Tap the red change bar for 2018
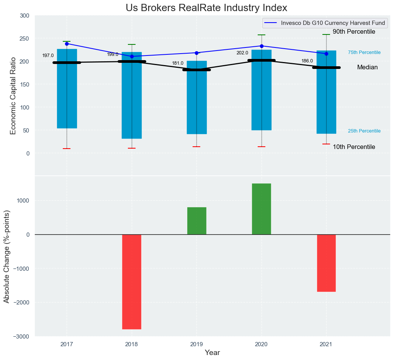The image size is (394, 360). tap(132, 281)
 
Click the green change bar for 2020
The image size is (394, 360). tap(262, 209)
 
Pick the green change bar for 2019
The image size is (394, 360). tap(197, 221)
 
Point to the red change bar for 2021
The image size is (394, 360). tap(326, 263)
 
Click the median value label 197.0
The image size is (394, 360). tap(48, 56)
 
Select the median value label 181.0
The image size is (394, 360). tap(178, 63)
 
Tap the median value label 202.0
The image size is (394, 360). tap(242, 53)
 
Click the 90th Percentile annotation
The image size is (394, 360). tap(354, 32)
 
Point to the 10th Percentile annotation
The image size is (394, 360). tap(354, 147)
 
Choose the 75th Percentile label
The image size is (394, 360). tap(364, 52)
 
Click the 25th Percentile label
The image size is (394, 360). tap(364, 131)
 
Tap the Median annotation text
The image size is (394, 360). tap(367, 67)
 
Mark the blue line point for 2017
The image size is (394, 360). tap(67, 44)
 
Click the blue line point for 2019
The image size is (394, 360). tap(197, 53)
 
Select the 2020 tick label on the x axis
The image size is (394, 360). tap(262, 344)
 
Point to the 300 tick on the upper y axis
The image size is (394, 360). tap(25, 16)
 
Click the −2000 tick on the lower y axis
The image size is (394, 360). tap(22, 303)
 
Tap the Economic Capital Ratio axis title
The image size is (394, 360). tap(13, 95)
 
